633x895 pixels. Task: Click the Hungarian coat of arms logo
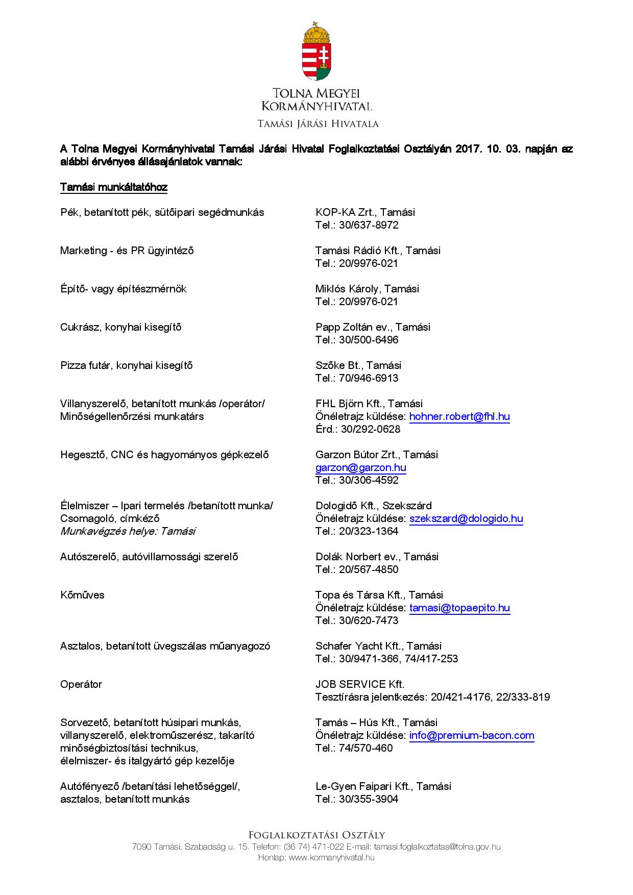tap(316, 51)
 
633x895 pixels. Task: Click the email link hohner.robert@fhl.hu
tap(459, 417)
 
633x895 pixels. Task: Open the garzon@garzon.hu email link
tap(361, 468)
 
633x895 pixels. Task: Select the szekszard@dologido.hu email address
tap(466, 519)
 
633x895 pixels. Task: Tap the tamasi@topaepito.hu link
tap(459, 608)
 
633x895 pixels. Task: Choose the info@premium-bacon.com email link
tap(472, 736)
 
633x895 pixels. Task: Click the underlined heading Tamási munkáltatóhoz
tap(114, 187)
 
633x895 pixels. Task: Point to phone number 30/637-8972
tap(369, 226)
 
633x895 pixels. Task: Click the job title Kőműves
tap(82, 595)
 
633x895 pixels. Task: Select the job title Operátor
tap(81, 684)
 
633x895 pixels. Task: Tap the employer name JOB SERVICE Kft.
tap(360, 684)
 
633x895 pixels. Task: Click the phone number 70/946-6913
tap(369, 379)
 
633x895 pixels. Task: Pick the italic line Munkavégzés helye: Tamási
tap(128, 531)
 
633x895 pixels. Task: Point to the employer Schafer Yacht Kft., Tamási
tap(378, 646)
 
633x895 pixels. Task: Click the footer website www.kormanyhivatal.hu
tap(332, 858)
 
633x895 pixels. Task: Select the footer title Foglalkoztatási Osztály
tap(316, 835)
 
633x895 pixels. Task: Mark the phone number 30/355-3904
tap(369, 800)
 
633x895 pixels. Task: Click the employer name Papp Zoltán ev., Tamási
tap(373, 327)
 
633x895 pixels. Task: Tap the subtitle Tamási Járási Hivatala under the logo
tap(318, 124)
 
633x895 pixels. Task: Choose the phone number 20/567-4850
tap(369, 570)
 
